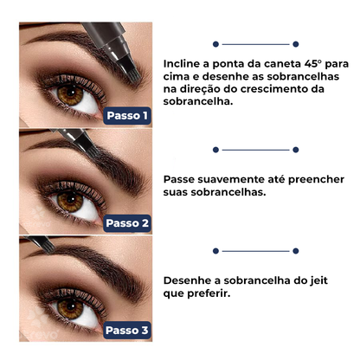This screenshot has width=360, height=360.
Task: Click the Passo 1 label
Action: (128, 114)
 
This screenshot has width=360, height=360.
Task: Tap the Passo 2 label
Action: (128, 222)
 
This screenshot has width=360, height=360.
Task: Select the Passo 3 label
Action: (128, 330)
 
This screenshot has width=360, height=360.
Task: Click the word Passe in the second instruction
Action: (181, 182)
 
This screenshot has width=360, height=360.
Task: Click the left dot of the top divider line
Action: (214, 42)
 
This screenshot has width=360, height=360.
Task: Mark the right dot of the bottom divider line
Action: (295, 250)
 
